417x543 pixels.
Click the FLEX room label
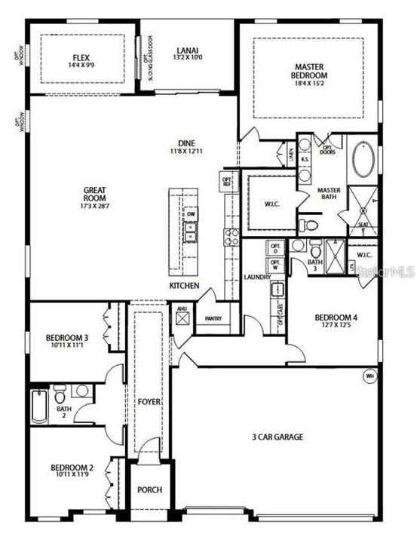pos(81,57)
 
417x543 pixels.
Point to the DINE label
pos(187,143)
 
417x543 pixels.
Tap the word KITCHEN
pos(184,286)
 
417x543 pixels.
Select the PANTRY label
pos(213,318)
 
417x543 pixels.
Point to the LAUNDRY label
pos(258,277)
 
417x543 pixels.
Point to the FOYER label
pos(149,402)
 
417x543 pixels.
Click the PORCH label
pos(149,489)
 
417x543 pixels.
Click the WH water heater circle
pos(369,375)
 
